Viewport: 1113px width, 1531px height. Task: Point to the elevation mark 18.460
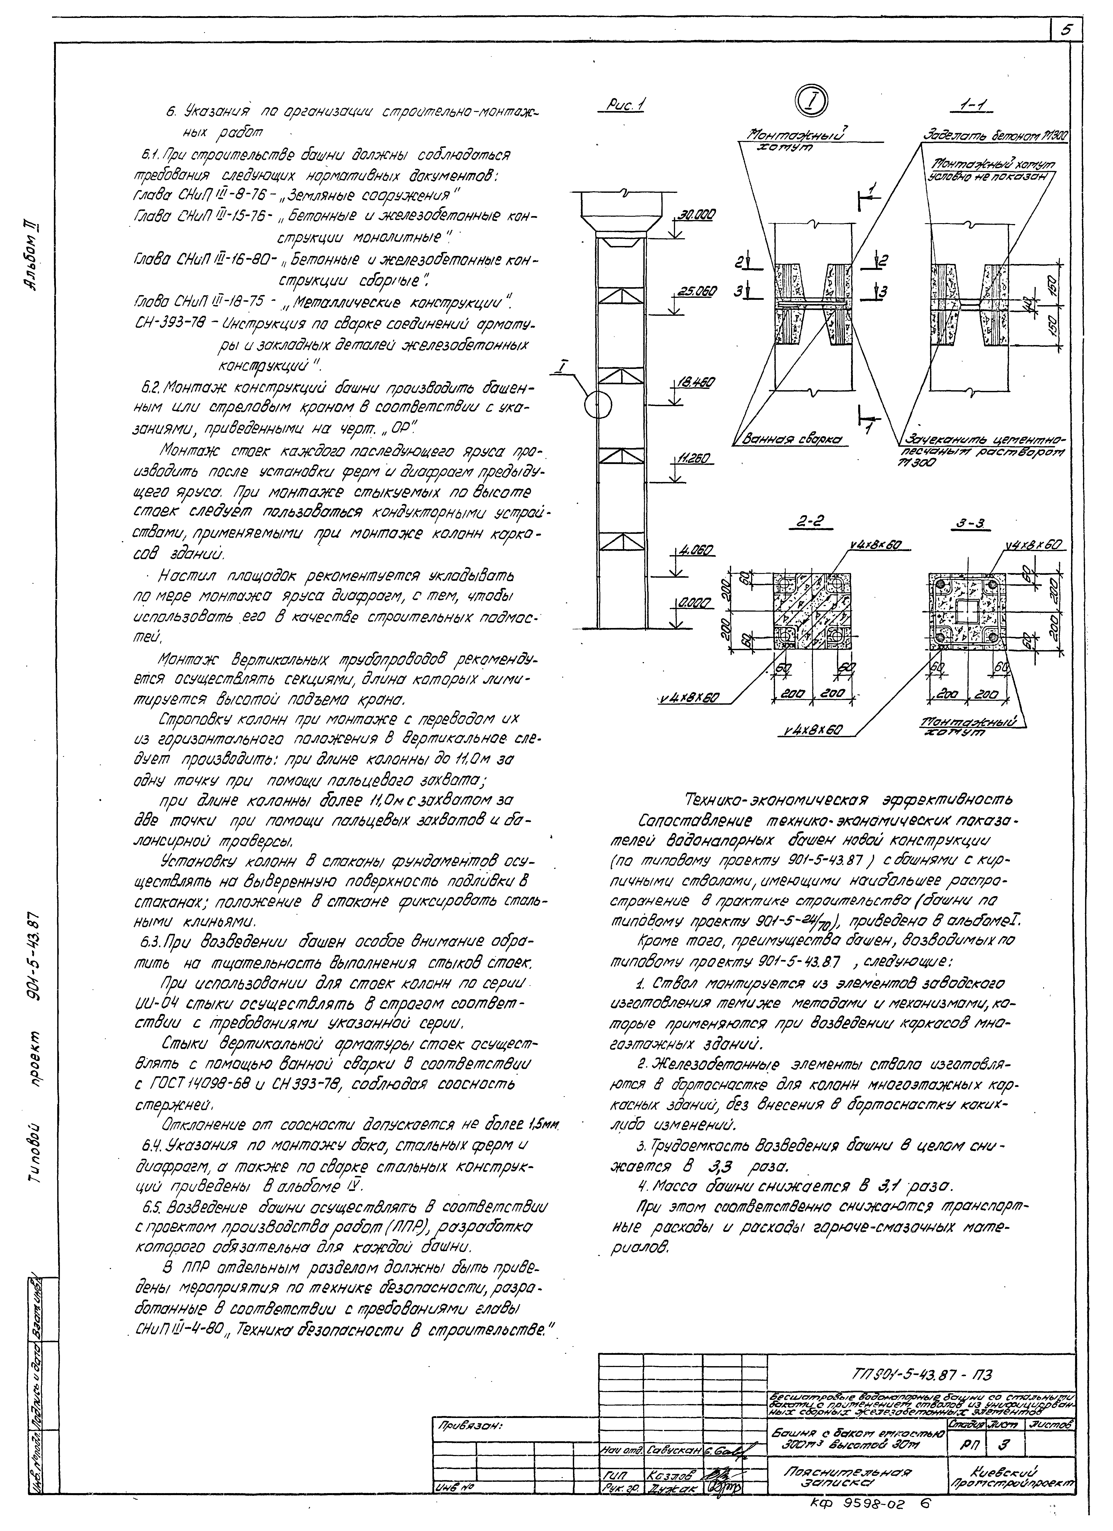tap(694, 383)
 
